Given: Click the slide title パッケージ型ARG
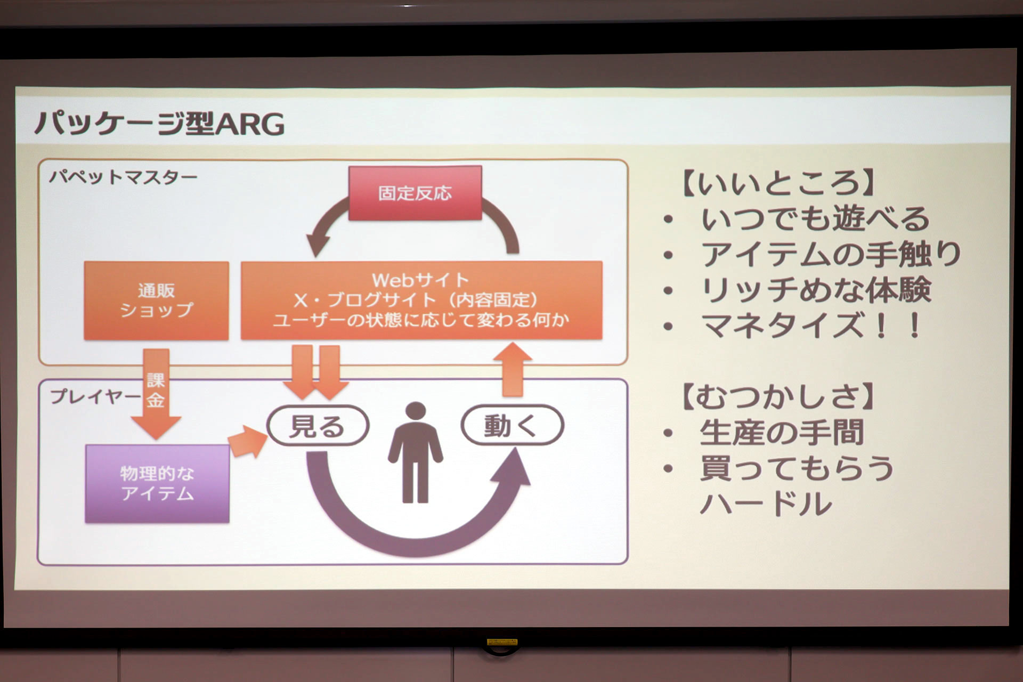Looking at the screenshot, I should tap(159, 124).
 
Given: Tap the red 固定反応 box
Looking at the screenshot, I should tap(415, 193).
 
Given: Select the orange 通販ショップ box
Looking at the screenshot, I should tap(156, 301).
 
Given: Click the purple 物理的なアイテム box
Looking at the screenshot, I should tap(157, 483).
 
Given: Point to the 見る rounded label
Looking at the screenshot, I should tap(318, 426).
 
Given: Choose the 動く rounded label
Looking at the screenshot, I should tap(511, 425).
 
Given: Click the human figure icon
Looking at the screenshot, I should tap(415, 453).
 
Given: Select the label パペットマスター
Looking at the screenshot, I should tap(124, 176).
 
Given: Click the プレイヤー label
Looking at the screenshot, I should tap(95, 396).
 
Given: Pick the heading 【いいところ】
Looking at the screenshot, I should tap(778, 183).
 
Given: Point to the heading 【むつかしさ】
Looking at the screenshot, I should tap(778, 397).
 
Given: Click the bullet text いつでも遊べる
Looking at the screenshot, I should tap(815, 219).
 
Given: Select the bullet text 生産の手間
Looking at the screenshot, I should tap(782, 432).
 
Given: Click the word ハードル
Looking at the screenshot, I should tap(766, 504).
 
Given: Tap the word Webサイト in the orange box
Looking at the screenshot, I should tap(420, 280).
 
